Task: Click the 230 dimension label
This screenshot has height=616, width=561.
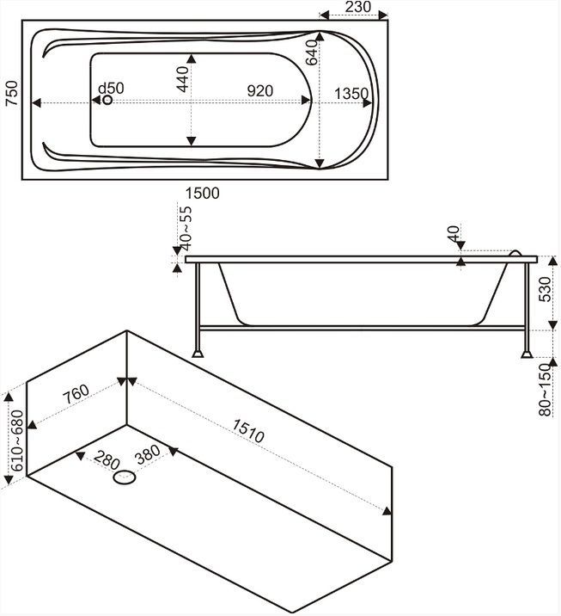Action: tap(356, 7)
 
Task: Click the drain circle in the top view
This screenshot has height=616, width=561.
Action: tap(107, 101)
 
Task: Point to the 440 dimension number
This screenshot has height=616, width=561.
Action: tap(181, 82)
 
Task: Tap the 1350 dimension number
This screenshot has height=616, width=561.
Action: tap(352, 93)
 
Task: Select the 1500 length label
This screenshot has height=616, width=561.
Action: tap(203, 194)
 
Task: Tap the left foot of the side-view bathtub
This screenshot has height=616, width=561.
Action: tap(198, 351)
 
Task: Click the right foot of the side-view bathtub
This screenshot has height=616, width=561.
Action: tap(526, 351)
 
